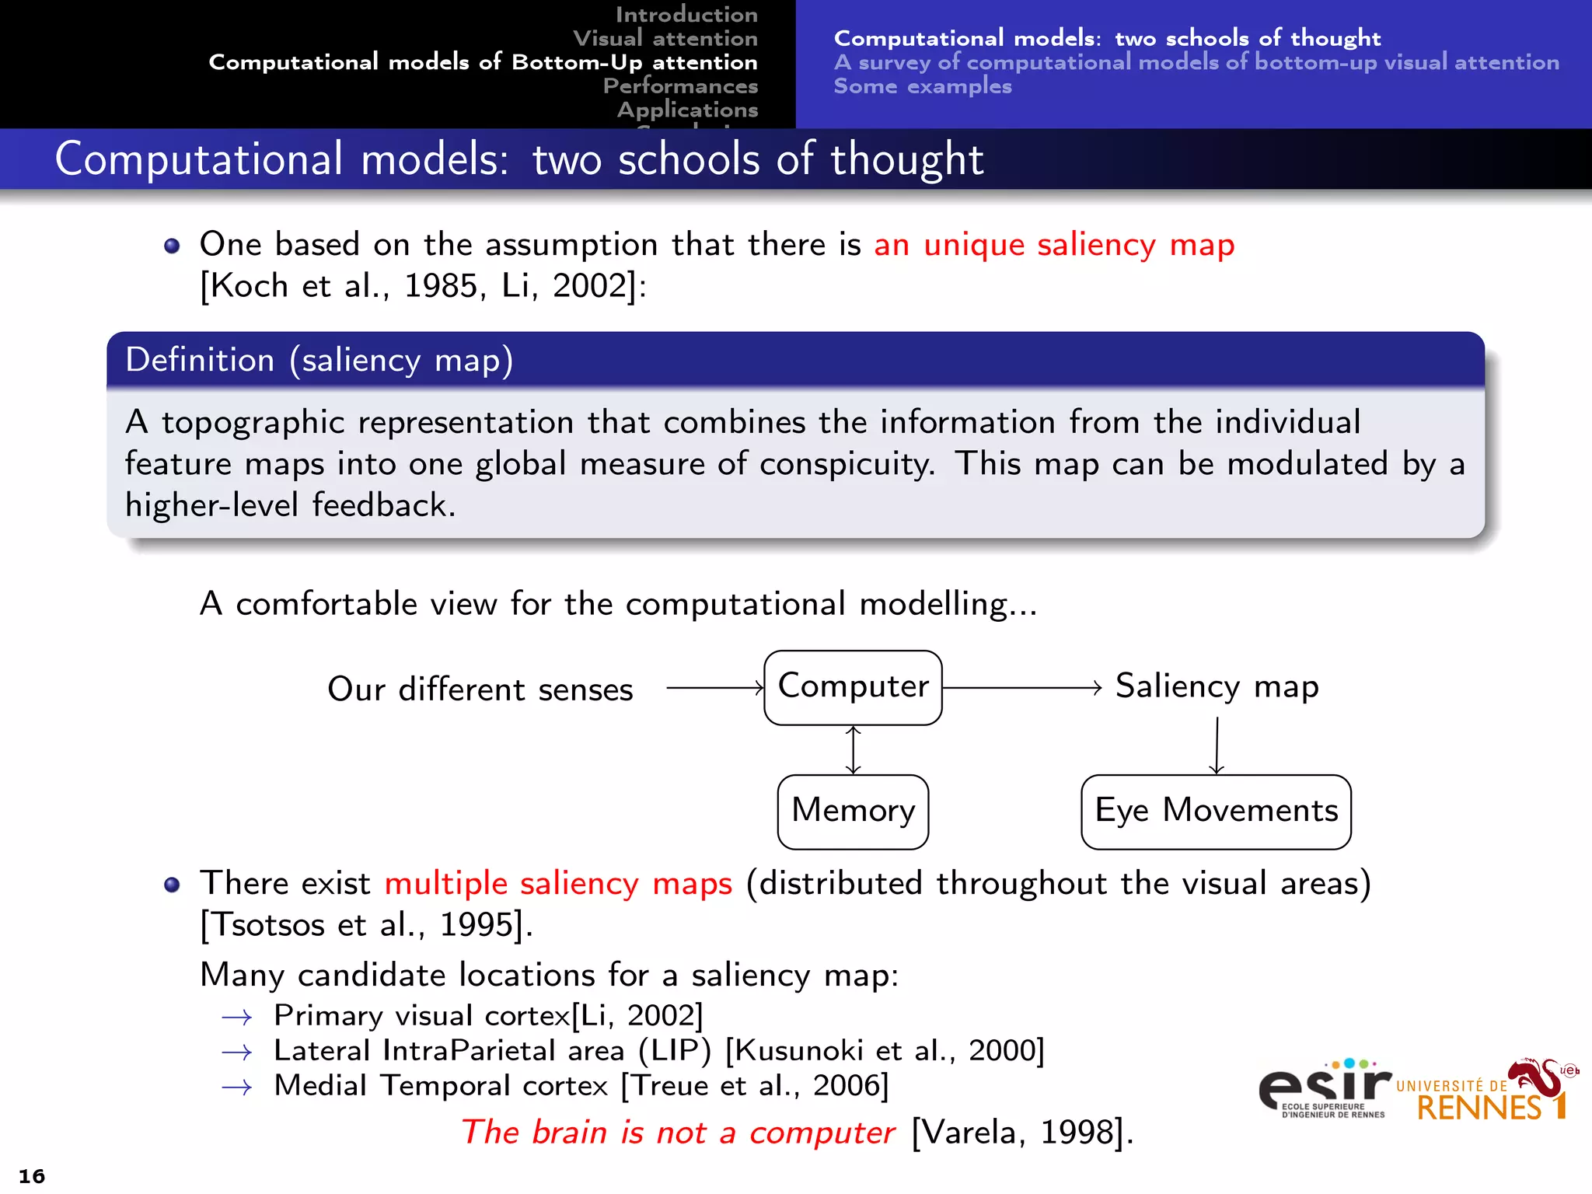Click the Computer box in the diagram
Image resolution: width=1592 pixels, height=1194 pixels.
(x=853, y=687)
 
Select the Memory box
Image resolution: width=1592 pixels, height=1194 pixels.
(x=853, y=811)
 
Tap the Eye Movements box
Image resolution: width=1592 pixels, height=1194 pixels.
(x=1216, y=811)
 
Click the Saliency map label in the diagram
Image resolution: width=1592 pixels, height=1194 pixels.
(x=1217, y=686)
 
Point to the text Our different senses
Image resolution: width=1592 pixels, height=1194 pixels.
(x=480, y=690)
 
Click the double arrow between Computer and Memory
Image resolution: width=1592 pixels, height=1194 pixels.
(x=854, y=750)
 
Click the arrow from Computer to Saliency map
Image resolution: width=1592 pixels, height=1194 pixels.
(x=1021, y=688)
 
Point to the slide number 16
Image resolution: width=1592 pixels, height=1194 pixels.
(x=32, y=1175)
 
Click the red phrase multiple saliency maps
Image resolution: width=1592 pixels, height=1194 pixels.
(x=558, y=884)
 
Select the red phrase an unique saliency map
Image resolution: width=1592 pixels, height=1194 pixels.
(x=1053, y=245)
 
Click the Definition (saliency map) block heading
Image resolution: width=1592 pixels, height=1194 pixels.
(x=319, y=361)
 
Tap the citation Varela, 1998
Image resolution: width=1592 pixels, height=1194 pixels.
(x=1022, y=1133)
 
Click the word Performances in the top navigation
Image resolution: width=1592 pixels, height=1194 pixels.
(x=680, y=86)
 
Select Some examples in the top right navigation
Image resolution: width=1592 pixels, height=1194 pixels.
(x=923, y=86)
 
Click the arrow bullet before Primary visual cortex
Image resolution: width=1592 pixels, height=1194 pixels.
(x=237, y=1017)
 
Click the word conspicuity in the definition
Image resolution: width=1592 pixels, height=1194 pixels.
(x=847, y=464)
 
